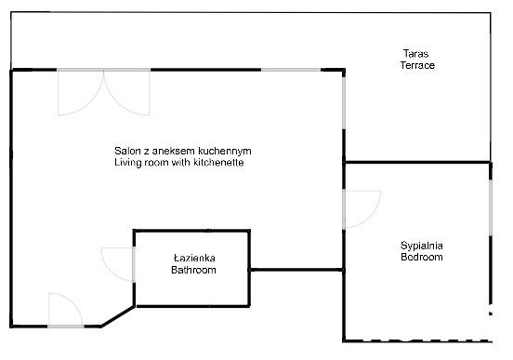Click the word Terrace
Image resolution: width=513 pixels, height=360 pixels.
(x=417, y=65)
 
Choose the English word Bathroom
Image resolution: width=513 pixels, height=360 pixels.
(x=193, y=270)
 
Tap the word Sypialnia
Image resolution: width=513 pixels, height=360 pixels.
(x=421, y=245)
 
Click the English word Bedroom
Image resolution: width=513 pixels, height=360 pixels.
(x=421, y=257)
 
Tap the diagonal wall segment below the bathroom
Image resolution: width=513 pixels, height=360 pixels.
(x=117, y=315)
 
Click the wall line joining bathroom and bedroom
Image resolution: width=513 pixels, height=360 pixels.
(x=296, y=270)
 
